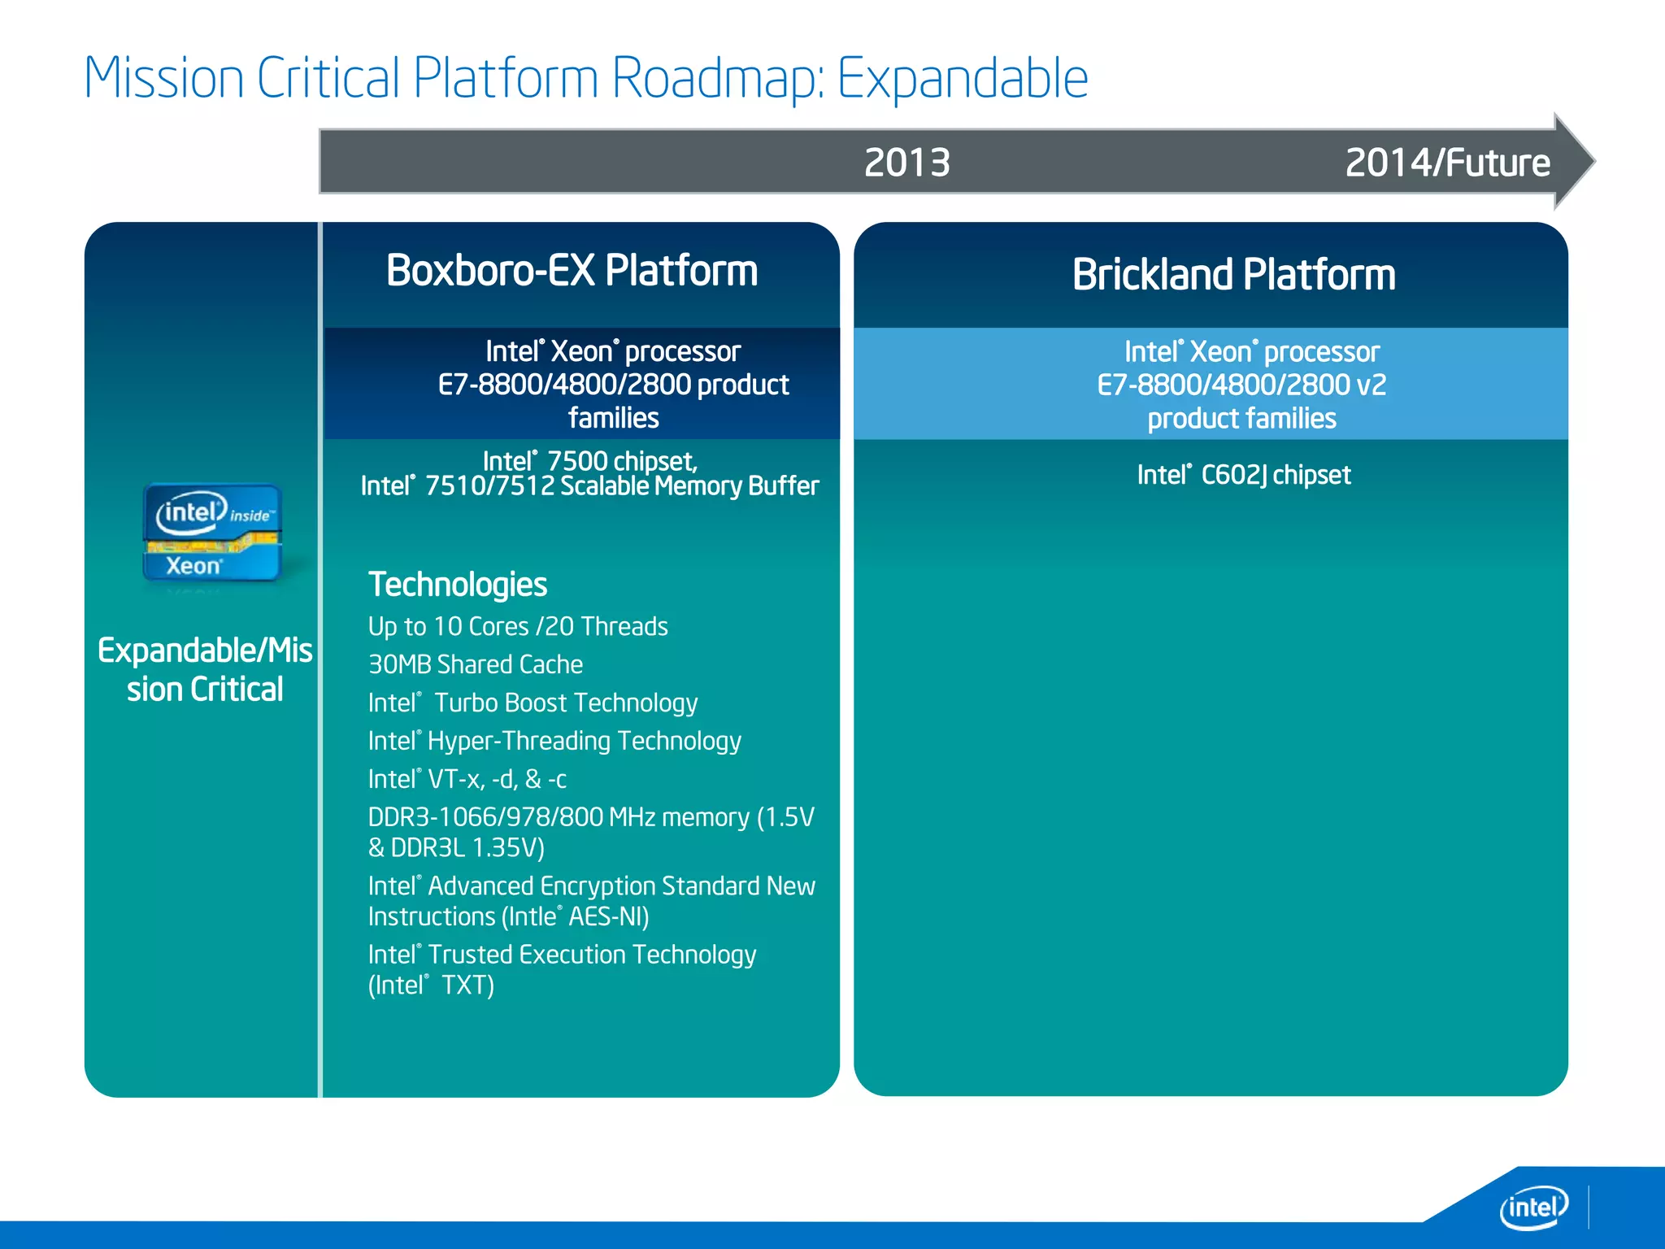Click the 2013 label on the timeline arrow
click(x=906, y=163)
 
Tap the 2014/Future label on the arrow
click(x=1447, y=163)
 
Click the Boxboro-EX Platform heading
click(x=572, y=271)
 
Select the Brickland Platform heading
click(x=1233, y=275)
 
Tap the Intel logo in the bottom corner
click(x=1533, y=1208)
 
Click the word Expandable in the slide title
click(x=963, y=79)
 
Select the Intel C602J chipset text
click(x=1243, y=475)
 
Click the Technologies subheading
click(x=458, y=585)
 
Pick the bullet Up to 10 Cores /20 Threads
click(x=518, y=627)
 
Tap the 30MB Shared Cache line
click(x=476, y=665)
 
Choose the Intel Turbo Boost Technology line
click(x=533, y=703)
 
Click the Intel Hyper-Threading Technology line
click(x=554, y=742)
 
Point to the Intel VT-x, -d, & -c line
click(x=467, y=780)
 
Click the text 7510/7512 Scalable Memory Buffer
click(x=622, y=486)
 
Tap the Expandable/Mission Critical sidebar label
click(x=205, y=670)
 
